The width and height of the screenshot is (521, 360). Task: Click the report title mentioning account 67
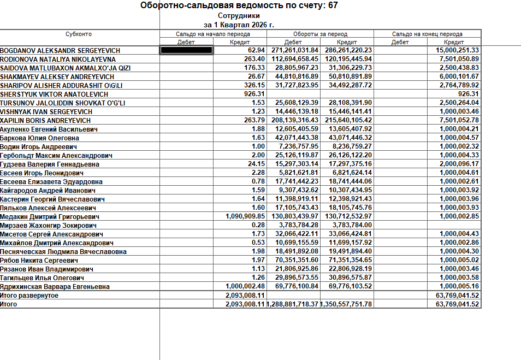click(239, 6)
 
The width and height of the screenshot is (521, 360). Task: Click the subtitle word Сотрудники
click(239, 16)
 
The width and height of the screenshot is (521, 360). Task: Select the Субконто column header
click(79, 34)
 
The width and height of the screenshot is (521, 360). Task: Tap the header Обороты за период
click(321, 34)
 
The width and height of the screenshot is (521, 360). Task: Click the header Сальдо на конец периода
click(427, 34)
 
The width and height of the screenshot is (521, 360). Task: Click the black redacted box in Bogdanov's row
click(186, 50)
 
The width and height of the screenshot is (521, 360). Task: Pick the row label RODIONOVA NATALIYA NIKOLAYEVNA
click(58, 59)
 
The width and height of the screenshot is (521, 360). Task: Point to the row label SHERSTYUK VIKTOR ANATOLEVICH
click(54, 94)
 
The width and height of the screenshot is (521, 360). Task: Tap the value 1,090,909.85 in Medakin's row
click(245, 216)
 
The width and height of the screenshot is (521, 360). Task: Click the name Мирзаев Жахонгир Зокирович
click(45, 225)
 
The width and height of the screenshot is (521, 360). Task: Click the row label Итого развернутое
click(29, 295)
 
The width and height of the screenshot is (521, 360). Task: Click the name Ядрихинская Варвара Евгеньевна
click(55, 286)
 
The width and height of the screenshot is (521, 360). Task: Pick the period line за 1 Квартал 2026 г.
click(239, 25)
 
